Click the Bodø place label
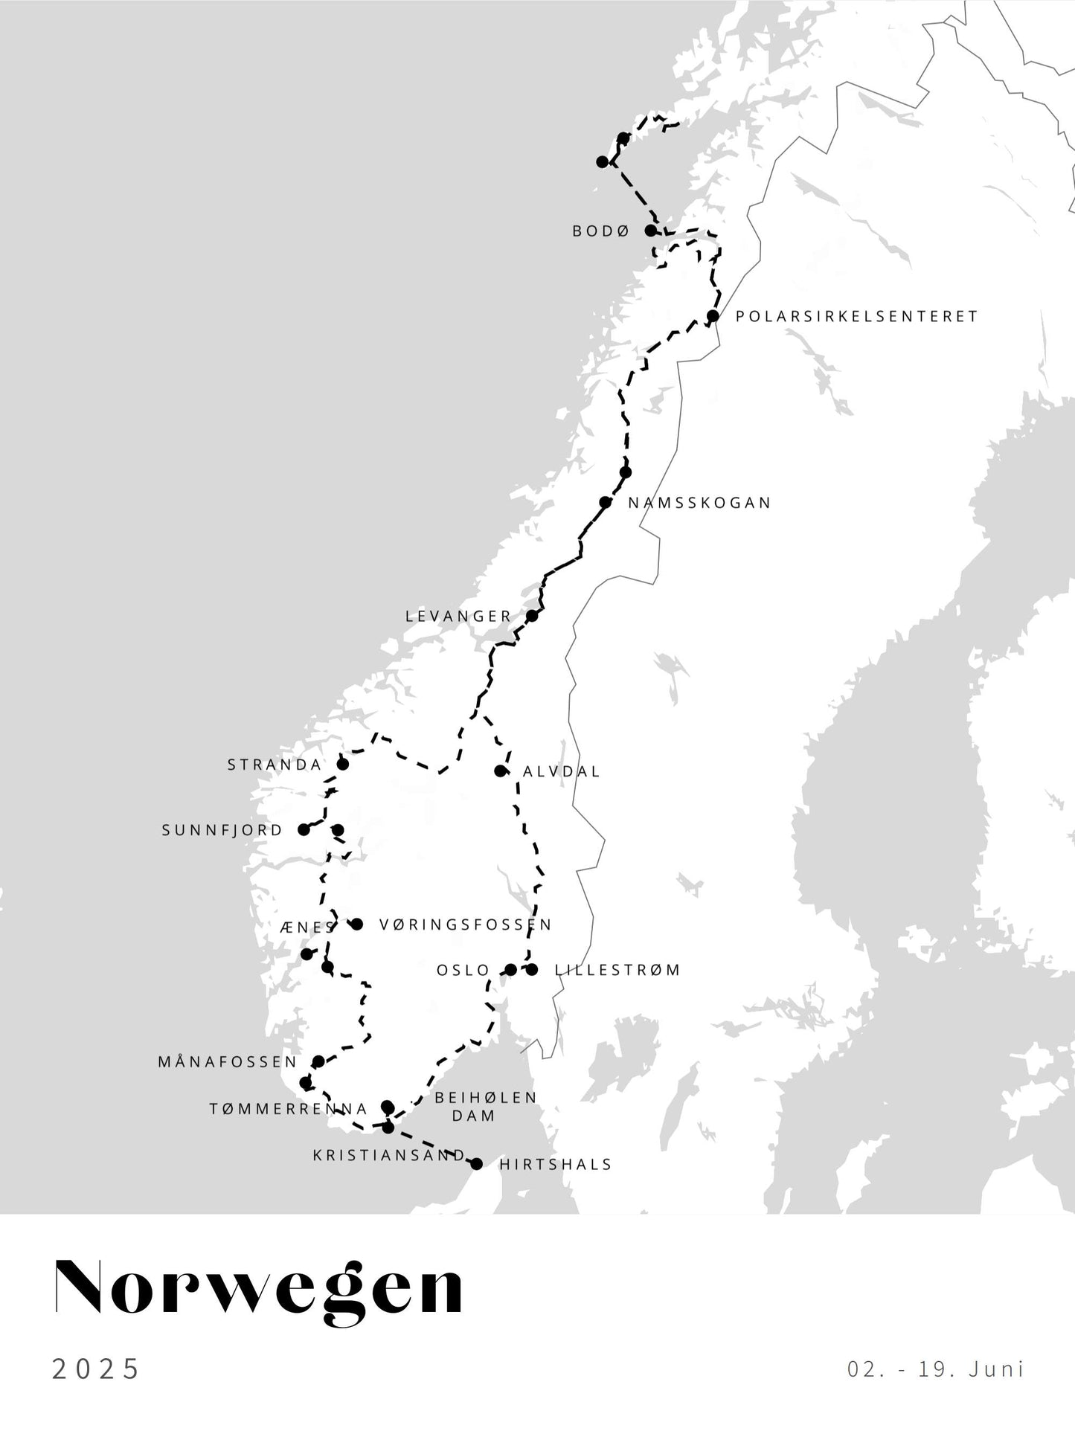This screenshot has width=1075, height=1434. (x=600, y=231)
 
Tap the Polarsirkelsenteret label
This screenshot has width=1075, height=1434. (x=856, y=316)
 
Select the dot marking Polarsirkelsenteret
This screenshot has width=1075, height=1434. (x=713, y=317)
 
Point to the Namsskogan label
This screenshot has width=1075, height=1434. (x=699, y=503)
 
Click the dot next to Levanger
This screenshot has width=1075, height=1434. (x=532, y=616)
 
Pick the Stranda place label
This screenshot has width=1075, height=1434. (x=275, y=765)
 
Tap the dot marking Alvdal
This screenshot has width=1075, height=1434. (x=500, y=771)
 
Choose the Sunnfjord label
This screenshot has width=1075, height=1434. (x=222, y=830)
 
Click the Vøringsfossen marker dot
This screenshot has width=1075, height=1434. (x=356, y=925)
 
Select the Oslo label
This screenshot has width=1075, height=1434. (x=463, y=971)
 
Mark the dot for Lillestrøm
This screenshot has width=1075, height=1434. (x=532, y=970)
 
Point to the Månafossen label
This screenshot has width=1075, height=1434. (x=228, y=1062)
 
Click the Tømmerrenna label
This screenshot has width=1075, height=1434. (x=289, y=1110)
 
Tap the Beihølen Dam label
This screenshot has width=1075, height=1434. (x=485, y=1107)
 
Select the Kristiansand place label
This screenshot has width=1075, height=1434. (x=388, y=1156)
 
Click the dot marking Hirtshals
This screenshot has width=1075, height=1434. (x=477, y=1164)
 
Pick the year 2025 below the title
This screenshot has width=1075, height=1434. (x=96, y=1369)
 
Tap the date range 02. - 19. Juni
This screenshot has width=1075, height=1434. (x=935, y=1369)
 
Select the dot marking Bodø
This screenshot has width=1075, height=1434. (x=651, y=231)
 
